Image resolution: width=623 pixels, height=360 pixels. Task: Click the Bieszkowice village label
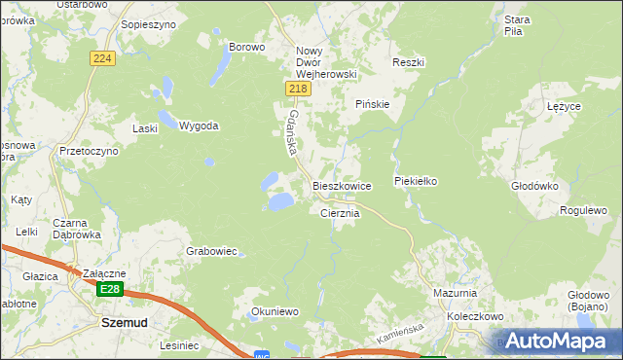pyautogui.click(x=341, y=185)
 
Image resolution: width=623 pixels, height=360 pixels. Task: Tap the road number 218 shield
pyautogui.click(x=299, y=89)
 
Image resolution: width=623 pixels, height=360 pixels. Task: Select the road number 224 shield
pyautogui.click(x=104, y=59)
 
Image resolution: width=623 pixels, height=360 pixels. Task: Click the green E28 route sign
pyautogui.click(x=110, y=289)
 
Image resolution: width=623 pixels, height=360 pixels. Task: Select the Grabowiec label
pyautogui.click(x=212, y=251)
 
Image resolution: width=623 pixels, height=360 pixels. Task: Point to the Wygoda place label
pyautogui.click(x=199, y=126)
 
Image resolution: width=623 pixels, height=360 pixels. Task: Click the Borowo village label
pyautogui.click(x=246, y=46)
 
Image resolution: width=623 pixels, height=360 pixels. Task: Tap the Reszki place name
pyautogui.click(x=409, y=62)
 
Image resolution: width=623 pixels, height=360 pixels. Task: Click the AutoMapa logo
pyautogui.click(x=558, y=341)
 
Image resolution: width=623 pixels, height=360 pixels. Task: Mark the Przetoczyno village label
pyautogui.click(x=89, y=152)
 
